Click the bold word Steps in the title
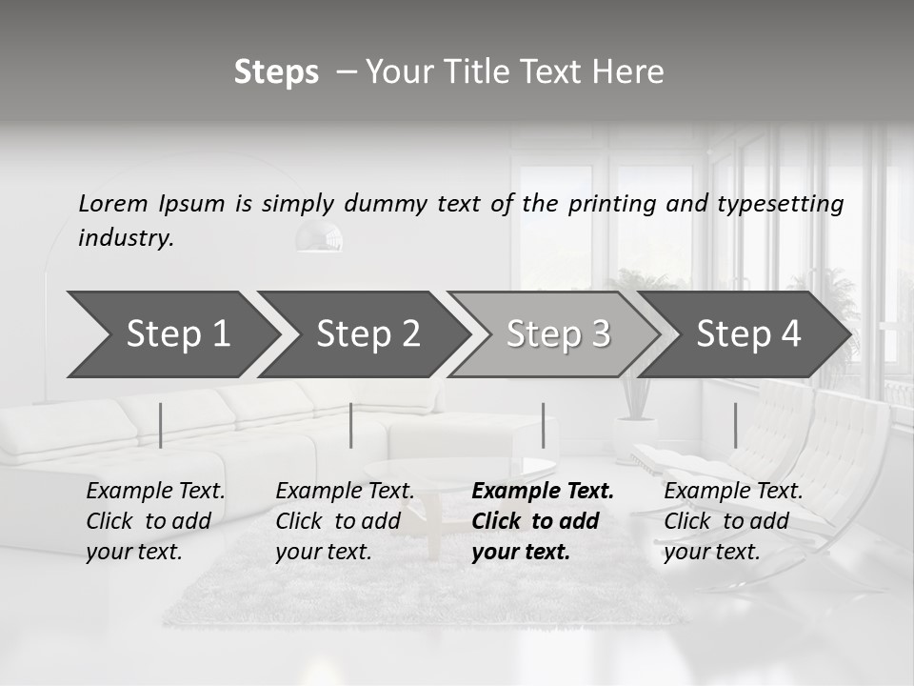pyautogui.click(x=276, y=72)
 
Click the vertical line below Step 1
pyautogui.click(x=160, y=425)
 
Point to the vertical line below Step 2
pyautogui.click(x=351, y=425)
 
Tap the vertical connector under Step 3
pyautogui.click(x=544, y=425)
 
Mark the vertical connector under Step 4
pyautogui.click(x=735, y=425)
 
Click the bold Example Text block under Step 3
pyautogui.click(x=543, y=521)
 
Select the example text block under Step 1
pyautogui.click(x=155, y=521)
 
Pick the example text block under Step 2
pyautogui.click(x=345, y=521)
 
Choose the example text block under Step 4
pyautogui.click(x=733, y=521)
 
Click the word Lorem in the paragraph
pyautogui.click(x=113, y=203)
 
